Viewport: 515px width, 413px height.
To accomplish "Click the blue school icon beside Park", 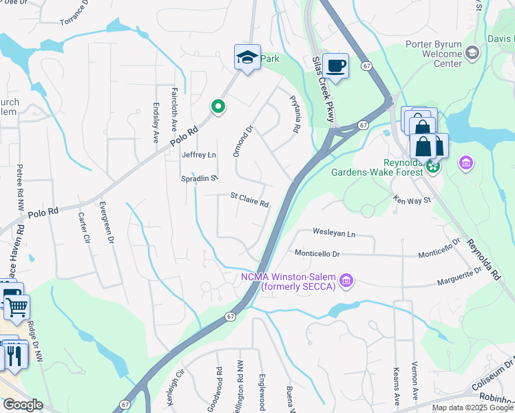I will (247, 58).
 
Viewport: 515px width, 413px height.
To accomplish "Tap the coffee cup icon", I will (335, 66).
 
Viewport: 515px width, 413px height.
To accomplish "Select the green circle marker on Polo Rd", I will (218, 107).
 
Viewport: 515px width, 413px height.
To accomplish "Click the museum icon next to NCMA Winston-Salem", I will (347, 280).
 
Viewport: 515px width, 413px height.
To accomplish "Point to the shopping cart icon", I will (17, 307).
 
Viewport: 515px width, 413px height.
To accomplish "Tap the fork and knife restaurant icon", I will (13, 354).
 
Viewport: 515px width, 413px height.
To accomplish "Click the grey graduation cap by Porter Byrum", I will (472, 53).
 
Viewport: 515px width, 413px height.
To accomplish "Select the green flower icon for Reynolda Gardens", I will (433, 165).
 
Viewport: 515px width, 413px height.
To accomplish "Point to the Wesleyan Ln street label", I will (334, 233).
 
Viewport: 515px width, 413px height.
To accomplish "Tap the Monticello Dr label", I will (317, 254).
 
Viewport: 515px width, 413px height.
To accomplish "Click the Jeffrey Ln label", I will (198, 155).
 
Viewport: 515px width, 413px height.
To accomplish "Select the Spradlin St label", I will (200, 178).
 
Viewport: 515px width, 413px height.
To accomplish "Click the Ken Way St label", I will (411, 200).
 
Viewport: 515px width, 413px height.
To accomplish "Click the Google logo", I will (23, 405).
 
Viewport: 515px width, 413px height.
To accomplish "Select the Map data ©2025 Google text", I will (472, 407).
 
